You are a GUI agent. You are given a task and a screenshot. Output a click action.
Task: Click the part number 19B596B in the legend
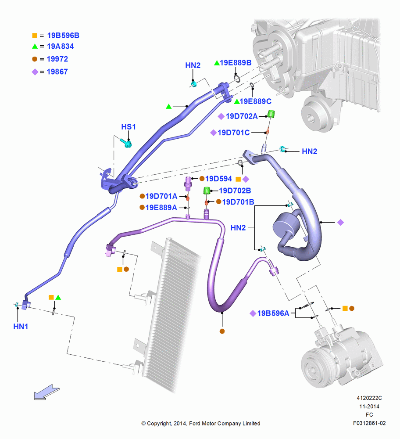63,36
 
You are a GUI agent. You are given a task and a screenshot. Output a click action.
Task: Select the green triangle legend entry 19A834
61,47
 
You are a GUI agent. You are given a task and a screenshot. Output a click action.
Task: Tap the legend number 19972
57,59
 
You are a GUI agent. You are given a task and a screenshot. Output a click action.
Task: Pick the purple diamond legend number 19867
57,72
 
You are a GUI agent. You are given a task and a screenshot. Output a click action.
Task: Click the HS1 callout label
129,127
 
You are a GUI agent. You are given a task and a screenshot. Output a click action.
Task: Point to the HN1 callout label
21,327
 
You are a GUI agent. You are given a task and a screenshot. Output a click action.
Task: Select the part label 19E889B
236,63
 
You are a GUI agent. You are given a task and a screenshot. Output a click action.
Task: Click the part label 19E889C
256,101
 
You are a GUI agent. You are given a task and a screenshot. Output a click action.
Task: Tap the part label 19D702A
242,116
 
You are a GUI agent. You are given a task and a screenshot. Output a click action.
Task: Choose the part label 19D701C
234,133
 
